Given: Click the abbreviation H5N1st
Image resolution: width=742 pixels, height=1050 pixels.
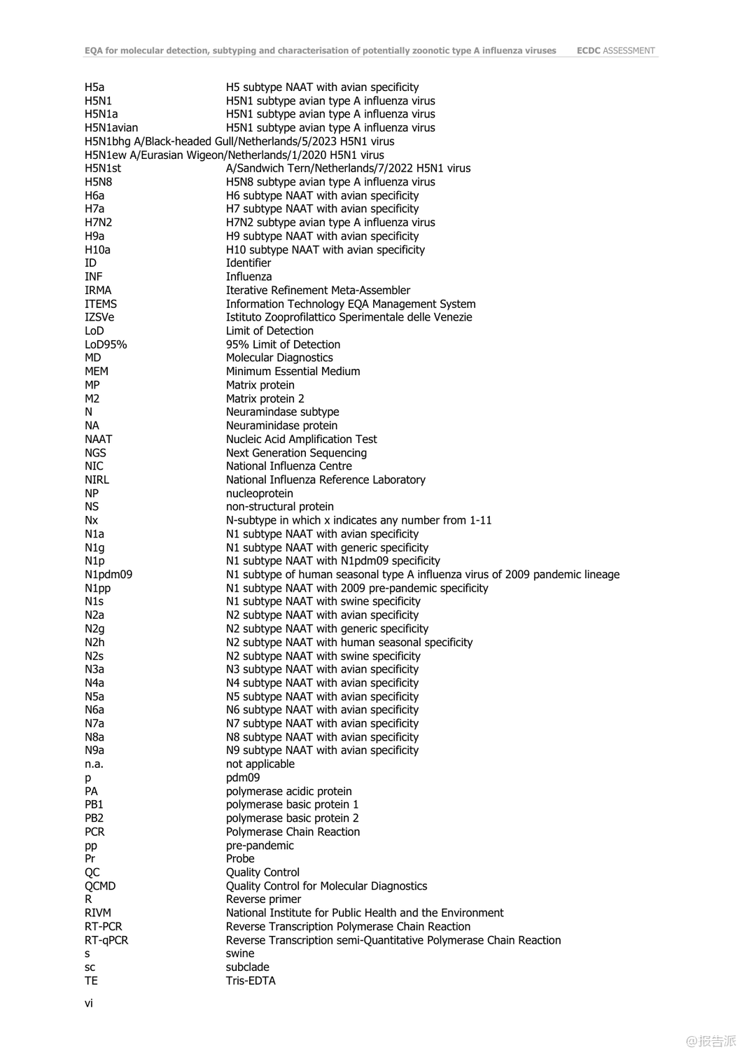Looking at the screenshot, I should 103,169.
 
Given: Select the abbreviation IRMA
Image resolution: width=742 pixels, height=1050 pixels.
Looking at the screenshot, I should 98,290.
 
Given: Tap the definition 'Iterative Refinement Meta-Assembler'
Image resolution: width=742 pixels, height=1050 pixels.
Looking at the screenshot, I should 318,290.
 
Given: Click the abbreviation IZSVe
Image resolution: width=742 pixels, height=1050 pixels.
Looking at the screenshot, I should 99,317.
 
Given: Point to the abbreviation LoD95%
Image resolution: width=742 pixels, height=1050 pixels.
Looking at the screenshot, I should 106,344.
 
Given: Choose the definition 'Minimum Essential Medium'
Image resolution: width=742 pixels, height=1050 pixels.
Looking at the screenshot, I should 293,372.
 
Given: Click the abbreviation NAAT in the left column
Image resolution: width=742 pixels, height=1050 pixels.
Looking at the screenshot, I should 99,440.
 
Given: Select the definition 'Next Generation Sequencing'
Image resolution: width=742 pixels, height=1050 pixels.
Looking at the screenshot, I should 296,453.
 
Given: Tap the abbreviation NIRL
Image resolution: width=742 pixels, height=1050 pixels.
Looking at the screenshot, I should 97,480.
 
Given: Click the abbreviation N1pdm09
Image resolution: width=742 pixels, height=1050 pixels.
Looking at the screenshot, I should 108,575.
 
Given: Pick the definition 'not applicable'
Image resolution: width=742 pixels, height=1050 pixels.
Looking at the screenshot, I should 260,764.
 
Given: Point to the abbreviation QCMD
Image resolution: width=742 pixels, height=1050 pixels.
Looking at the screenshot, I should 100,886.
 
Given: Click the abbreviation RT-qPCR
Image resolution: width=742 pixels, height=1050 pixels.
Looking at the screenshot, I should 106,940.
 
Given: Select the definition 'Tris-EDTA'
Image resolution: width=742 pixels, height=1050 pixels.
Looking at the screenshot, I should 251,981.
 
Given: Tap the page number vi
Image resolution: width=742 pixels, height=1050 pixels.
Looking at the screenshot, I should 89,1003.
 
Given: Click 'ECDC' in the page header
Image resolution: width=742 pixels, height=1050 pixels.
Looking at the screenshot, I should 588,50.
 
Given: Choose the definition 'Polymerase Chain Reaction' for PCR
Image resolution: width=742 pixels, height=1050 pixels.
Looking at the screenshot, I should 293,832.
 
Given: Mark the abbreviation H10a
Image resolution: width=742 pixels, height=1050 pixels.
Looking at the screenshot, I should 97,250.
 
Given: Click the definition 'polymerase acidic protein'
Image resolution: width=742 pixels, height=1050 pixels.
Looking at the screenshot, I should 288,792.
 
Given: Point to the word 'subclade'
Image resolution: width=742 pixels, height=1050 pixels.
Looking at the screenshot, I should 247,967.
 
